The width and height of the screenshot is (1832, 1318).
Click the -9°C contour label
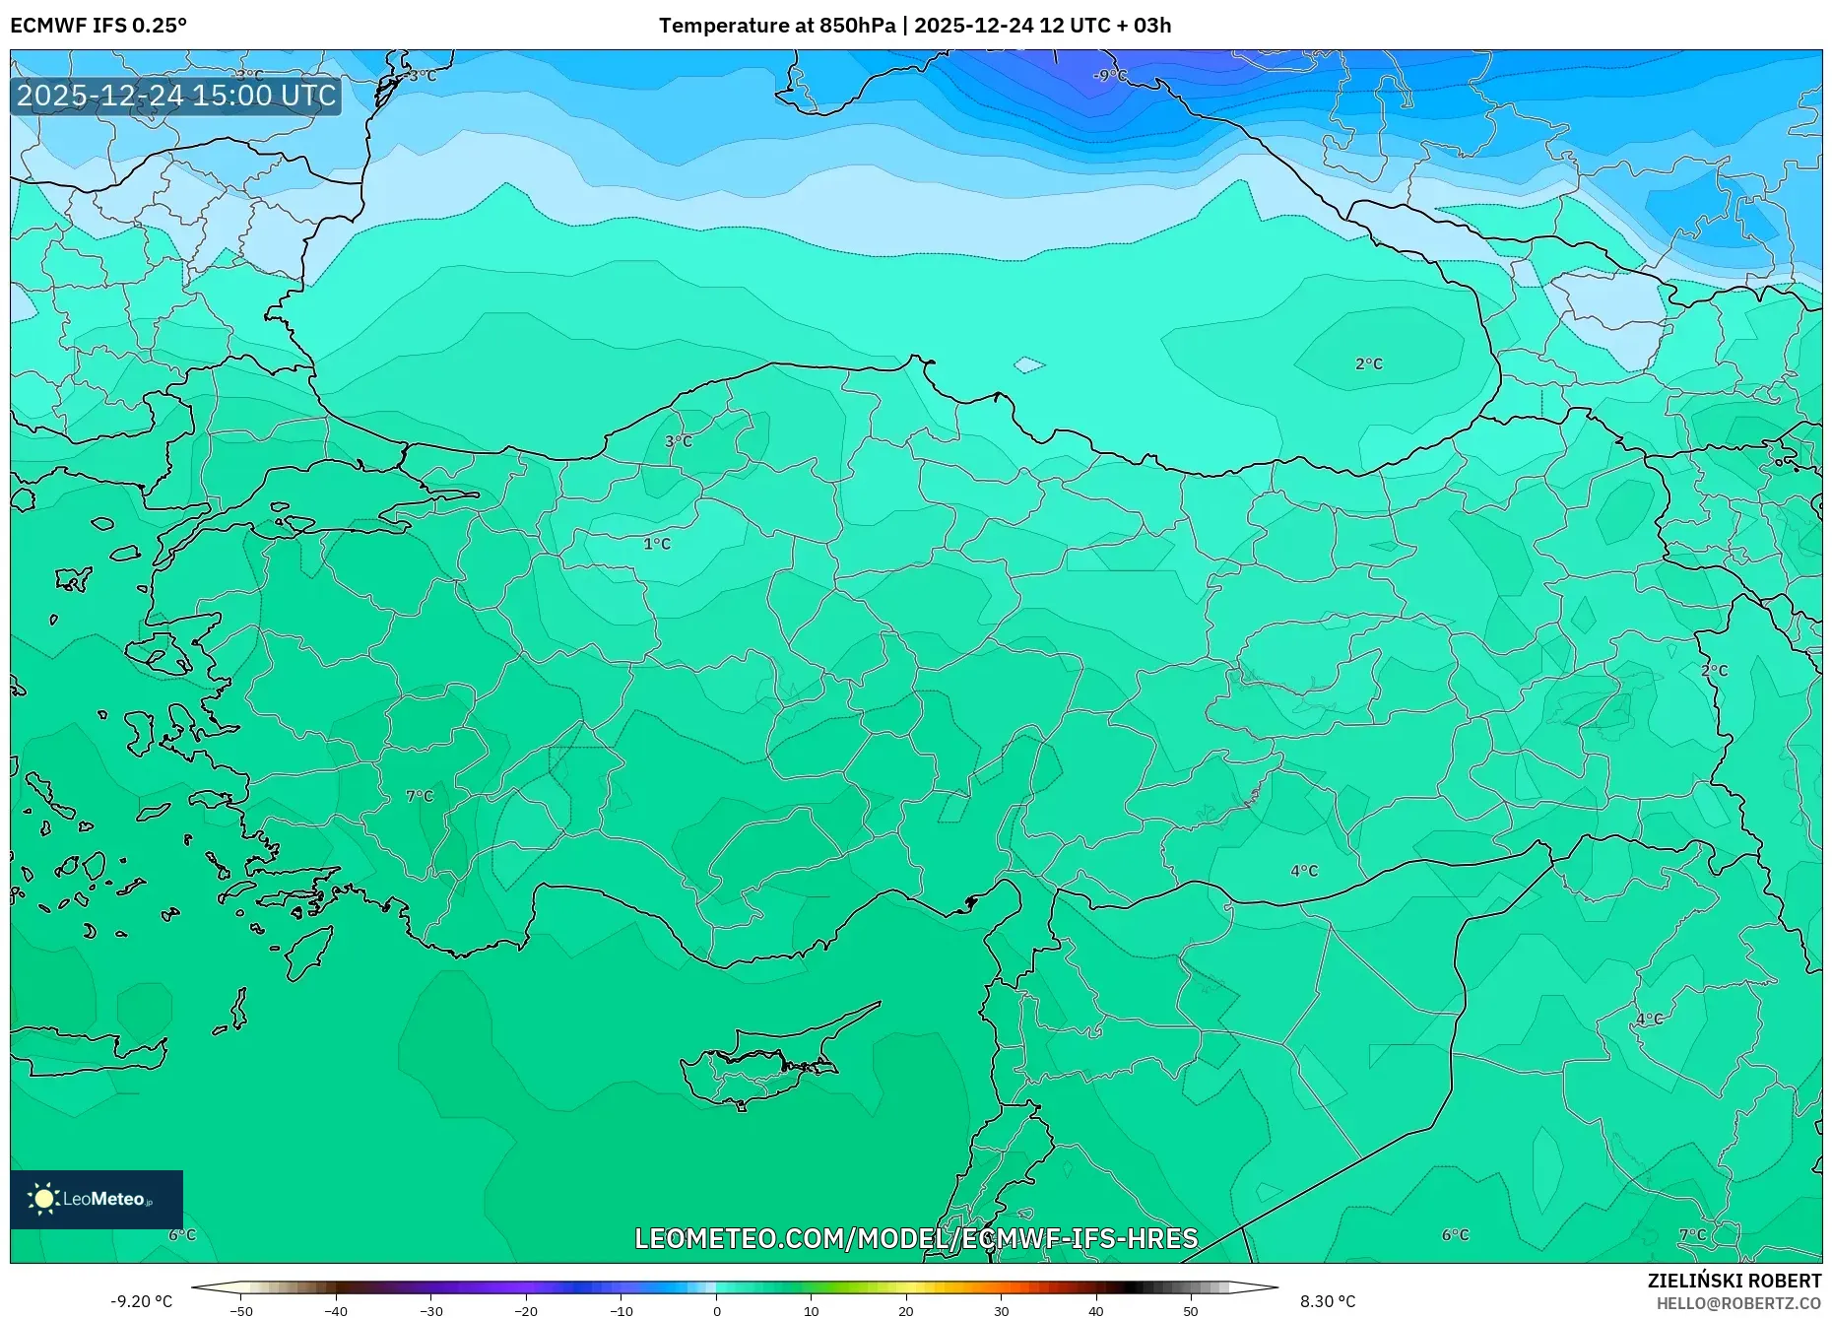click(1109, 76)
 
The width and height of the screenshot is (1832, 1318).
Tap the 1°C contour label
click(657, 544)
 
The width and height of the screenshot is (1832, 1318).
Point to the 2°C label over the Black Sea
click(1369, 363)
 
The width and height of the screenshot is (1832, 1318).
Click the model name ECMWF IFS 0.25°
click(98, 26)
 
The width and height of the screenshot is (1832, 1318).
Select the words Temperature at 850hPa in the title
click(777, 26)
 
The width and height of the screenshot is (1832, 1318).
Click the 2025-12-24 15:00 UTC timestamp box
click(176, 96)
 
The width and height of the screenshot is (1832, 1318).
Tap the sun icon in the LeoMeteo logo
click(44, 1198)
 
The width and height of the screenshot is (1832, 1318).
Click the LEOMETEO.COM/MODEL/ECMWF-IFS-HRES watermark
click(916, 1238)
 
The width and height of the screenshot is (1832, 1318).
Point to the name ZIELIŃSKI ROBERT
click(1734, 1281)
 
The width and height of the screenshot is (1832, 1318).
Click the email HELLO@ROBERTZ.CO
click(1738, 1303)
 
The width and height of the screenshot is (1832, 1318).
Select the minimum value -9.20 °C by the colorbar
click(142, 1301)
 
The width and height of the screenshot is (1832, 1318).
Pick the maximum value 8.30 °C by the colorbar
click(1328, 1301)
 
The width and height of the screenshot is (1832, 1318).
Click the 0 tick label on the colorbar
click(716, 1311)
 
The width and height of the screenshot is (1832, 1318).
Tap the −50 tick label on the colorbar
click(240, 1311)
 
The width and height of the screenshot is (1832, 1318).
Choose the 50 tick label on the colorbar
click(1191, 1311)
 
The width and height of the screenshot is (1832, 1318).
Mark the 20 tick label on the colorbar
click(906, 1311)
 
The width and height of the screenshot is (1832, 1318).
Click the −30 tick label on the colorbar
click(430, 1311)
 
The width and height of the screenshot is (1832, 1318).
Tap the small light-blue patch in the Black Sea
click(1028, 365)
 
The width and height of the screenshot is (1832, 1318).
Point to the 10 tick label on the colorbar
click(811, 1311)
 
